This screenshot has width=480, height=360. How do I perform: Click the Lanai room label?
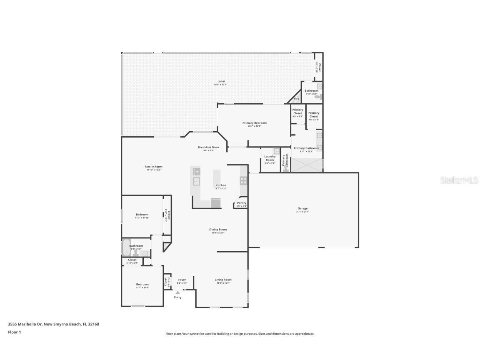(221, 81)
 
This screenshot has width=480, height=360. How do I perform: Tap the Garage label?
(302, 208)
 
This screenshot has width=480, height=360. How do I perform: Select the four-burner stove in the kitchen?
(243, 180)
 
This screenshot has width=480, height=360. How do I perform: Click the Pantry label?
(242, 203)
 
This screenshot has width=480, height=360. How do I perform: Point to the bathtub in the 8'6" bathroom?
(126, 247)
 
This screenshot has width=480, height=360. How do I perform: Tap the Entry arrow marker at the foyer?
(178, 292)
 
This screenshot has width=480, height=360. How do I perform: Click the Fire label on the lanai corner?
(297, 99)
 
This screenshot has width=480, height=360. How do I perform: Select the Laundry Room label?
(270, 158)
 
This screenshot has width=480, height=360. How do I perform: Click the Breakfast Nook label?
(208, 147)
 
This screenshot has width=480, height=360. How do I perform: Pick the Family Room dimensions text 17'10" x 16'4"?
(153, 170)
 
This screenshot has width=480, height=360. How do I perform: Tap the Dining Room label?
(218, 230)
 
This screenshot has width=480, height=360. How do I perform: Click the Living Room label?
(223, 280)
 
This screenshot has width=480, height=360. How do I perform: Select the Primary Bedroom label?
(254, 123)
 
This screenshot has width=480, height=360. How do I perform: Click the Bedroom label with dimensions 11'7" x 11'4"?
(142, 284)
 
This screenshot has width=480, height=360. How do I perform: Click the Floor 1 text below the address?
(14, 332)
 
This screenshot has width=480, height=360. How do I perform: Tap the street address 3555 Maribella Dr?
(25, 324)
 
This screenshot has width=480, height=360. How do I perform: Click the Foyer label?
(182, 280)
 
